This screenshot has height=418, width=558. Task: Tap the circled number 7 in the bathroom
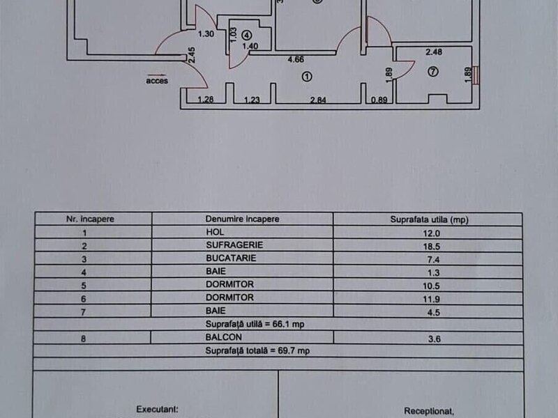(x=433, y=71)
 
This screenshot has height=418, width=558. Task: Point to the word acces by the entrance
(x=156, y=80)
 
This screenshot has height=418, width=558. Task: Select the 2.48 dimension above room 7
(x=434, y=51)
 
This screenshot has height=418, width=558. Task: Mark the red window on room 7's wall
(x=476, y=75)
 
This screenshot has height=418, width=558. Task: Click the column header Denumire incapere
(x=242, y=219)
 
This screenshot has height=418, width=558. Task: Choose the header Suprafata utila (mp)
(x=428, y=219)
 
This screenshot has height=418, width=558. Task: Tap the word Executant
(x=158, y=410)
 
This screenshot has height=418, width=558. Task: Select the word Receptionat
(x=427, y=411)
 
